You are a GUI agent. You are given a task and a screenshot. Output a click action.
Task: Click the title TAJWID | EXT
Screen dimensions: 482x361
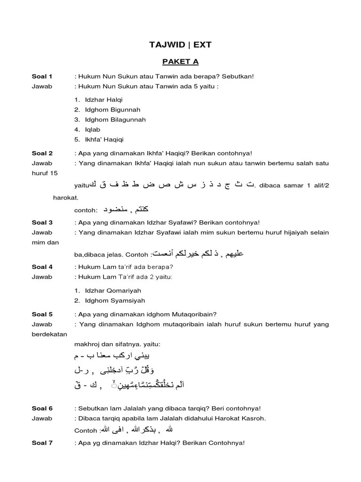[x=180, y=45]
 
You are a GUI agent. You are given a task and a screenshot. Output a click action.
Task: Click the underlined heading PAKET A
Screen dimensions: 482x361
[x=180, y=62]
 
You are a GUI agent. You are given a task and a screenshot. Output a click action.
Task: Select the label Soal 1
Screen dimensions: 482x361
[x=42, y=76]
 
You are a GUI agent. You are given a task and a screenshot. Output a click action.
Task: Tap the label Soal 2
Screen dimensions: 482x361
[x=42, y=153]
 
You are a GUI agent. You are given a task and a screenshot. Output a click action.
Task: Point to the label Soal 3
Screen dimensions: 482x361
[x=42, y=222]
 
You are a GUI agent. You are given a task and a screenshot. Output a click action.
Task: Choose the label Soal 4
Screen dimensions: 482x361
[x=42, y=266]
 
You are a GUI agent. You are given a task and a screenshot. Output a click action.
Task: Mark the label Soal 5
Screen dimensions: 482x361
[x=42, y=314]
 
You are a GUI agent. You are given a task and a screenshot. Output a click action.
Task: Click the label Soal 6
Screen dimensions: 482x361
[x=42, y=408]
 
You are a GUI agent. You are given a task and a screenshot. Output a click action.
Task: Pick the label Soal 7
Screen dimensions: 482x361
[x=42, y=443]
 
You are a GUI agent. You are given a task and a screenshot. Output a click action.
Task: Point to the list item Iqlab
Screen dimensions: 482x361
[x=93, y=129]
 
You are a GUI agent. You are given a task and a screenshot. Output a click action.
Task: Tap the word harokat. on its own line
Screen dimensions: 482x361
[x=65, y=198]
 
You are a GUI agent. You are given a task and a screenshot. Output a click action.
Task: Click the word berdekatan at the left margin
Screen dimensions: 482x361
[x=49, y=334]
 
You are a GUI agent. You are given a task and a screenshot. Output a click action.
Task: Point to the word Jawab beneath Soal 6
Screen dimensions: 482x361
[x=42, y=418]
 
